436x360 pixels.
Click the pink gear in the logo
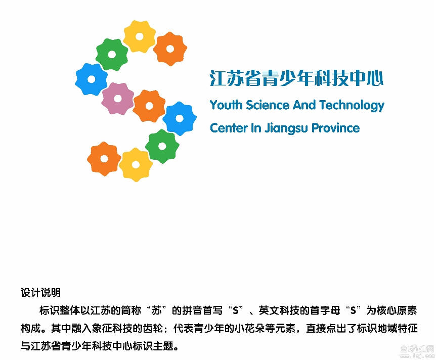click(118, 99)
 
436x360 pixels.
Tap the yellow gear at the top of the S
click(139, 36)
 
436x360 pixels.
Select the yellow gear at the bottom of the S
click(136, 164)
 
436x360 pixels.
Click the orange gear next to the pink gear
click(149, 106)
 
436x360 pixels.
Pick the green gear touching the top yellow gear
click(112, 55)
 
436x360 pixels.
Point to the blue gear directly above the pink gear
click(92, 79)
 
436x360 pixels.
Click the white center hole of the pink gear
click(118, 99)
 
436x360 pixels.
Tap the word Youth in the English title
click(226, 105)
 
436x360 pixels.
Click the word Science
click(268, 105)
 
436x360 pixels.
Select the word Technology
click(352, 106)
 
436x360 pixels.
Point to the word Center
click(229, 128)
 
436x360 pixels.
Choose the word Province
click(336, 128)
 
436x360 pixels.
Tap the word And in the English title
click(304, 105)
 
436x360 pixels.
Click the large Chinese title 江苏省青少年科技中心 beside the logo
click(297, 78)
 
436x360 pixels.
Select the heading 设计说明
click(40, 292)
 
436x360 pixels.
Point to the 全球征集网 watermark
click(417, 348)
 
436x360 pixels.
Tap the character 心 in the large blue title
click(375, 78)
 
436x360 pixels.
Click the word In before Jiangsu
click(256, 128)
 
